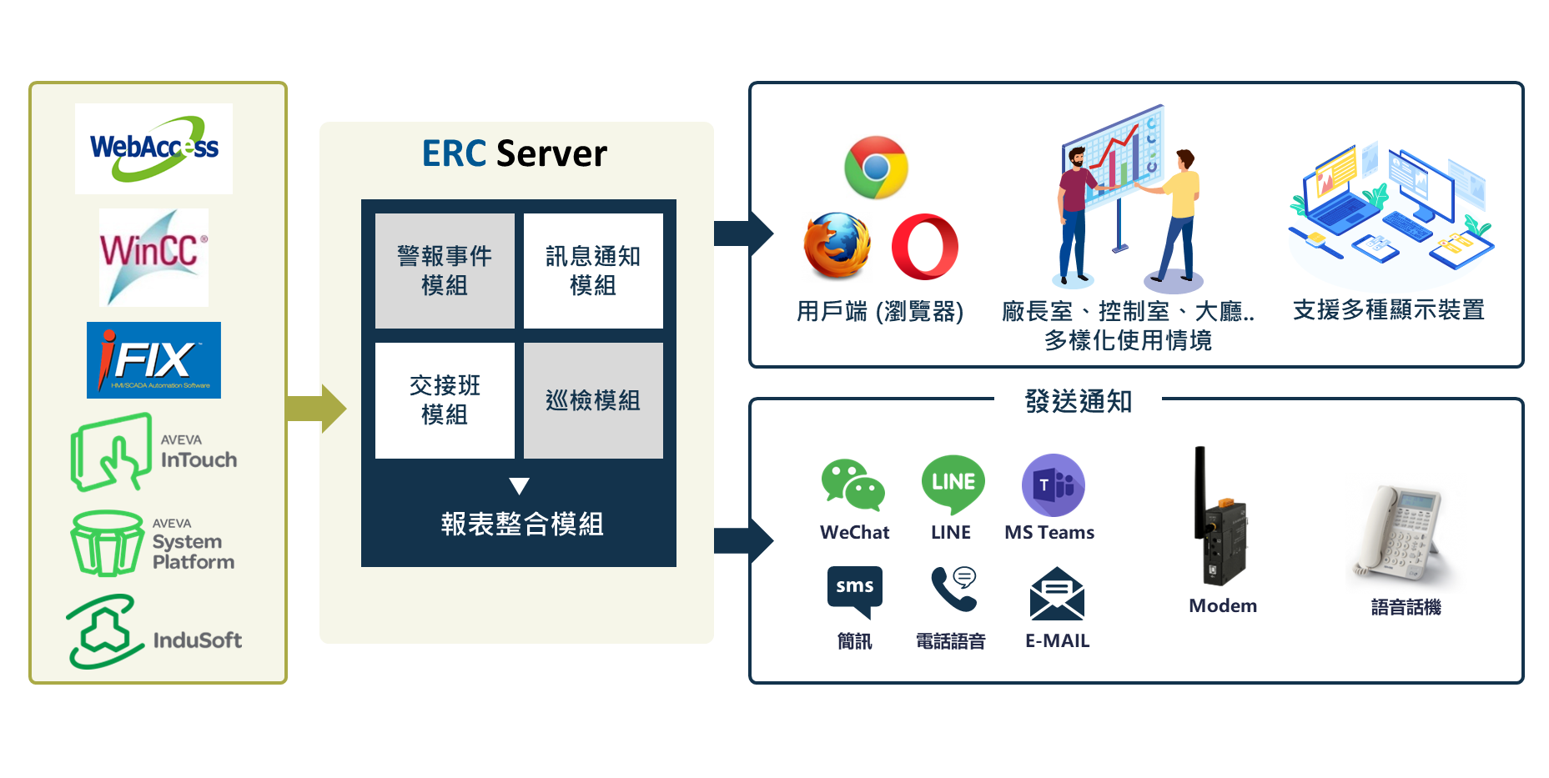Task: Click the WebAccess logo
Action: [x=153, y=148]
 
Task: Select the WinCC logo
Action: [x=153, y=257]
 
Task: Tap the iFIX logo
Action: [x=153, y=360]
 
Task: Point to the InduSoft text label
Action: [x=198, y=640]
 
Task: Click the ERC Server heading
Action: [x=515, y=153]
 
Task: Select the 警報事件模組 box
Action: [x=445, y=270]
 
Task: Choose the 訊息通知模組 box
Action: [x=593, y=270]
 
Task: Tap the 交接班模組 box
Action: [x=445, y=400]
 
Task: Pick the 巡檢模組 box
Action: [x=593, y=400]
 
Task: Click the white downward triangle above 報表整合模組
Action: [x=519, y=486]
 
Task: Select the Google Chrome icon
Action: [x=876, y=168]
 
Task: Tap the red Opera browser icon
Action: [x=924, y=247]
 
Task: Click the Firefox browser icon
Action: [x=837, y=245]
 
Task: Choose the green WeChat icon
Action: [x=852, y=484]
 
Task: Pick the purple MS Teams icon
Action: [x=1053, y=485]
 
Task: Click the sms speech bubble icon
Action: [x=854, y=590]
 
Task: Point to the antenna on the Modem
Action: [x=1200, y=488]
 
